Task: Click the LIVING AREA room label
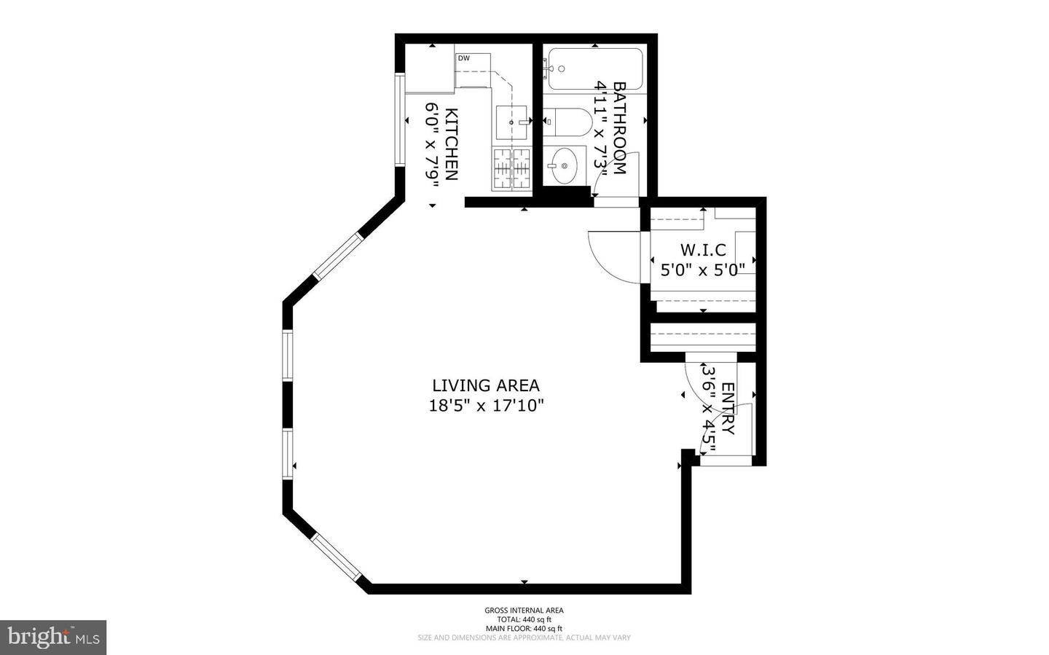[486, 385]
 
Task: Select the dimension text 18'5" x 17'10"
[486, 406]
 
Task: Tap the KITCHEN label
[452, 144]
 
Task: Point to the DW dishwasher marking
[463, 58]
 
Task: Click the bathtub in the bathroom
[594, 69]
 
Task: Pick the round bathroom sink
[565, 165]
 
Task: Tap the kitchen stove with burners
[513, 169]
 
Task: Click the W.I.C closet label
[703, 251]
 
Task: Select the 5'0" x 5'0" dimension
[703, 270]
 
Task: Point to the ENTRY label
[728, 409]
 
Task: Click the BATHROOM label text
[620, 128]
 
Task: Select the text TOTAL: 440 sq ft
[524, 619]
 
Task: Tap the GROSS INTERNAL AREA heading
[524, 611]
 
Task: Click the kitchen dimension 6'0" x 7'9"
[432, 144]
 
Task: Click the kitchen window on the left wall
[398, 119]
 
